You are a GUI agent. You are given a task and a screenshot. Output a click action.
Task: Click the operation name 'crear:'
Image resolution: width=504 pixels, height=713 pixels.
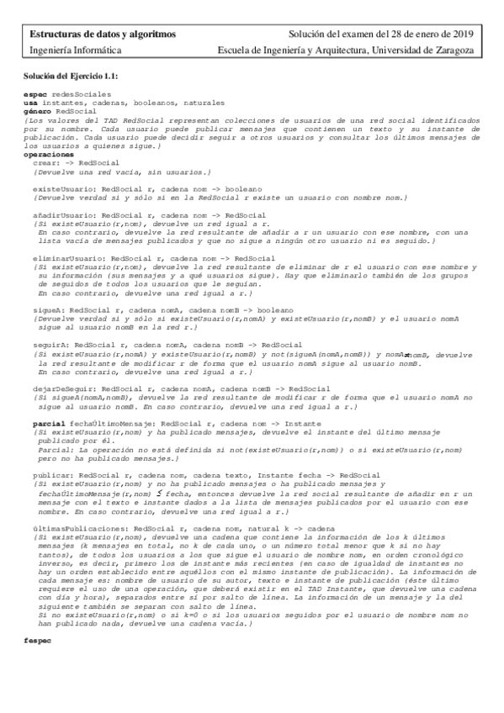coord(45,162)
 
